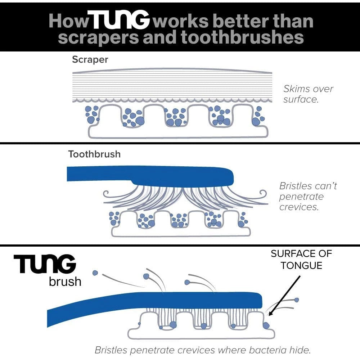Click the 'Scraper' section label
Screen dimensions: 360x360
tap(90, 59)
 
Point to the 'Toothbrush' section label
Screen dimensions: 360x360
tap(94, 154)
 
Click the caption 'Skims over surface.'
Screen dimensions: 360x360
tap(308, 94)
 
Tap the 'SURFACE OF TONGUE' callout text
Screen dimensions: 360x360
tap(301, 259)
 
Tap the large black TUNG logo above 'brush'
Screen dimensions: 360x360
tap(45, 265)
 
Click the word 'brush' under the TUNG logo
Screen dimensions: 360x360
tap(65, 281)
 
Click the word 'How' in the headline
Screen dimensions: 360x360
tap(68, 21)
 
